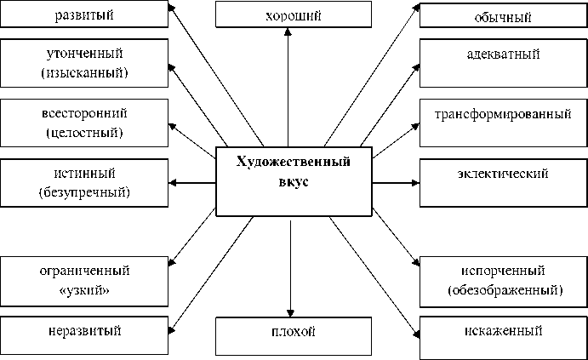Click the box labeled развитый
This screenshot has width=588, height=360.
click(83, 15)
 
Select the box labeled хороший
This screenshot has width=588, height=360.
click(293, 15)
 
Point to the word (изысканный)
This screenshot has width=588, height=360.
click(83, 73)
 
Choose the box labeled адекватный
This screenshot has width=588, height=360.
click(504, 54)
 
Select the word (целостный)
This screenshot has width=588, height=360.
click(83, 133)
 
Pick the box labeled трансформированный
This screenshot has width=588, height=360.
click(504, 115)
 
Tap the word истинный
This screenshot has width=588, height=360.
click(83, 174)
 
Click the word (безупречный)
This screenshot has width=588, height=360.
click(83, 192)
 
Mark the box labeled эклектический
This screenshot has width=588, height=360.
click(504, 174)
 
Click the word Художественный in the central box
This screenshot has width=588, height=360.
click(294, 163)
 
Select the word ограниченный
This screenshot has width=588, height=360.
click(83, 271)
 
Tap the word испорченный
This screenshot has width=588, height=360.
click(504, 271)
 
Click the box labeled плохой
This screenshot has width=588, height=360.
click(293, 331)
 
